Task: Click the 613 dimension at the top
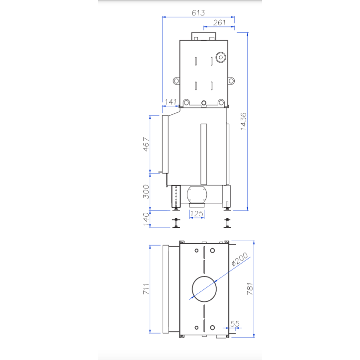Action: [198, 12]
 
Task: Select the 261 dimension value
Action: [219, 22]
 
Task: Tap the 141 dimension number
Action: [171, 102]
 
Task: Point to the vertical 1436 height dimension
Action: [243, 121]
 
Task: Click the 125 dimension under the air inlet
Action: [197, 214]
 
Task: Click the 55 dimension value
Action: [235, 324]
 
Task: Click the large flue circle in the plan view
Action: [204, 289]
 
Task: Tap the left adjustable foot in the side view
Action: [176, 224]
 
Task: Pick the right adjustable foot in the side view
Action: [227, 224]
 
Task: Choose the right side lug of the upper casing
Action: [231, 81]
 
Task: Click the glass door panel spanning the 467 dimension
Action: [162, 144]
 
